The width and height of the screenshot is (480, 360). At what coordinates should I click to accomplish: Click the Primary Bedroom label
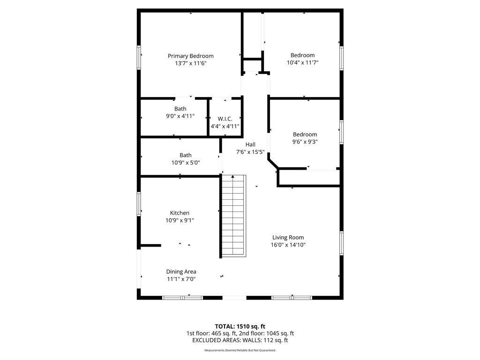tap(190, 56)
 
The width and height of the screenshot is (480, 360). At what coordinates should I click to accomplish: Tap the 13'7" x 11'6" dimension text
tap(190, 63)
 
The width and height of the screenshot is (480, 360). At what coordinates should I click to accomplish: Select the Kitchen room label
tap(180, 213)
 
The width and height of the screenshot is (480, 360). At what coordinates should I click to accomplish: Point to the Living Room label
tap(288, 238)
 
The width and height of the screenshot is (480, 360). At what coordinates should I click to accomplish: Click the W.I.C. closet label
tap(225, 119)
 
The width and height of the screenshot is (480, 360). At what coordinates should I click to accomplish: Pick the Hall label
tap(250, 144)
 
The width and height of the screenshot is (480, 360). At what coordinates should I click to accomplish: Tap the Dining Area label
tap(181, 271)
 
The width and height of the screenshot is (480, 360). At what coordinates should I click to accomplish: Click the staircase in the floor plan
tap(233, 216)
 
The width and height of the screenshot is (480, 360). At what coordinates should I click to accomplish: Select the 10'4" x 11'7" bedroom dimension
tap(302, 63)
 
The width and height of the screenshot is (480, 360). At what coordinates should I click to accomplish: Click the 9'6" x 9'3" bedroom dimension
tap(305, 142)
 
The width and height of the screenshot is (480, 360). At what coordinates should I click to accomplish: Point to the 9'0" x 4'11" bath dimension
tap(180, 116)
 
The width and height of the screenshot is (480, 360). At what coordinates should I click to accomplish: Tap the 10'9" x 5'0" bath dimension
tap(186, 163)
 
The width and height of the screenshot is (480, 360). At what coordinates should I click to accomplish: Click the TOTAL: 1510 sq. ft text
tap(240, 326)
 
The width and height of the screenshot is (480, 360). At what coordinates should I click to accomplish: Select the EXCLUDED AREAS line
tap(240, 340)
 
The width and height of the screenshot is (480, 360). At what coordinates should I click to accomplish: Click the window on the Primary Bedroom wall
tap(139, 57)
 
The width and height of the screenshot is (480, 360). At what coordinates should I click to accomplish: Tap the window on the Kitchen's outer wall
tap(139, 204)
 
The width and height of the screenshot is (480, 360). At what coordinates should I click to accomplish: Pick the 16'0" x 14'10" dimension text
tap(288, 245)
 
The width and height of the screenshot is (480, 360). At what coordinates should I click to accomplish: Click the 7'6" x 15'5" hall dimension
tap(250, 152)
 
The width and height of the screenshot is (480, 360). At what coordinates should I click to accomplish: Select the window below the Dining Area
tap(182, 298)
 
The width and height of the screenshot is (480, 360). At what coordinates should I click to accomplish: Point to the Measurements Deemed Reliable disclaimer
tap(240, 350)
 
